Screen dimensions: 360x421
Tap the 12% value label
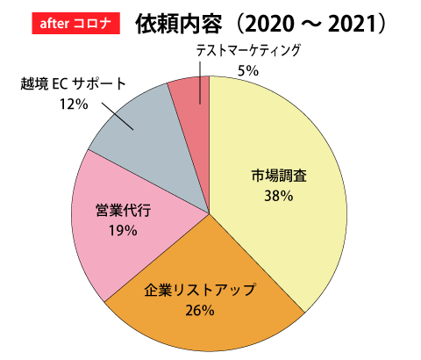(74, 104)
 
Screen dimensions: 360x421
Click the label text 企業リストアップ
(200, 290)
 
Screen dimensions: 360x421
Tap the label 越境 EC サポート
(74, 84)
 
